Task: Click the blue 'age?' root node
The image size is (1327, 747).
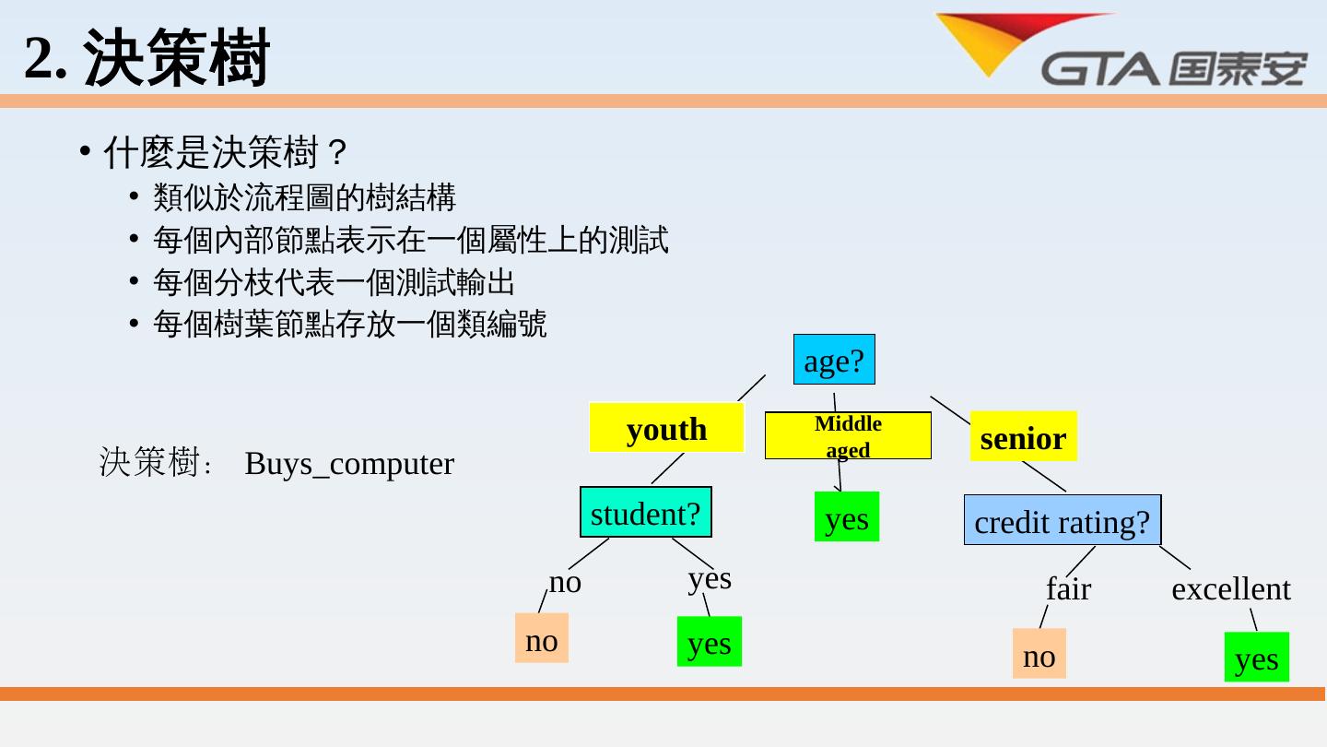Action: pos(833,360)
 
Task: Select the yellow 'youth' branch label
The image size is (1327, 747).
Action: pos(666,429)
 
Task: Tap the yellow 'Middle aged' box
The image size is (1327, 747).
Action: pos(848,436)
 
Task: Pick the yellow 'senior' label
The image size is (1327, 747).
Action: pos(1023,438)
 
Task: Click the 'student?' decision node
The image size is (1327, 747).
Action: pos(646,513)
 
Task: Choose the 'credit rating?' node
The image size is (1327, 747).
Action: pos(1062,522)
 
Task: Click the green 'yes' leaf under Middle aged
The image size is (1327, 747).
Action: pos(847,518)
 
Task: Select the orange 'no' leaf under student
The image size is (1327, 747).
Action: pos(541,639)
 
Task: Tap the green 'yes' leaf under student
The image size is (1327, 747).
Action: pos(709,643)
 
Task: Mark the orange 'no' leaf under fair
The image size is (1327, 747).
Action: pos(1039,655)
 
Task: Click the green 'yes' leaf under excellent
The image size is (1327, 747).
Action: pos(1256,658)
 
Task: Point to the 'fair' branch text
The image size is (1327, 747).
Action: pos(1068,588)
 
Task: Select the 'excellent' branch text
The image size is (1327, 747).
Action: pos(1230,588)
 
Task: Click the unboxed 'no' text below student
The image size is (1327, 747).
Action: pos(565,583)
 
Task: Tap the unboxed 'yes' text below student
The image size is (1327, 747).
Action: pos(710,578)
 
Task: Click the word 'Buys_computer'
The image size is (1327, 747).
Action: pos(349,463)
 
